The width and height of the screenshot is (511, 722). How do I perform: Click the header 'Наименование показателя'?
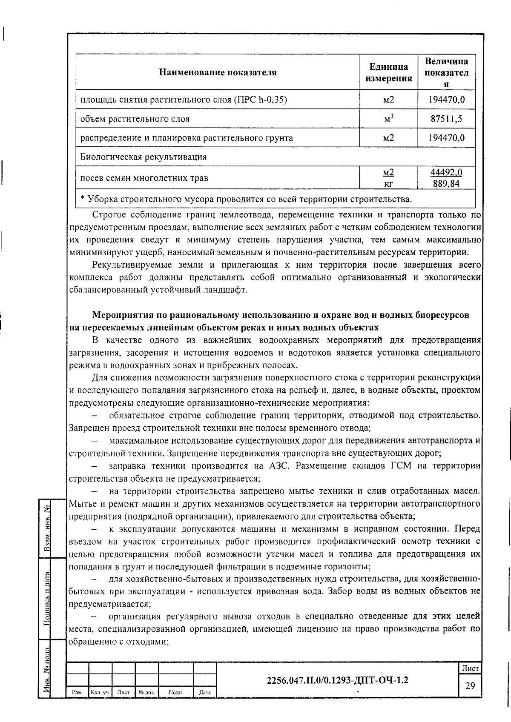click(218, 72)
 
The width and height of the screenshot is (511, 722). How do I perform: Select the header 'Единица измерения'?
click(388, 72)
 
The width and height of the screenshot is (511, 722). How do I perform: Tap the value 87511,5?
click(446, 119)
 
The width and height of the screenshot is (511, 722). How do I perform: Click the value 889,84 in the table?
click(446, 184)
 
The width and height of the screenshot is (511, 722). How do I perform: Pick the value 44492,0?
click(446, 172)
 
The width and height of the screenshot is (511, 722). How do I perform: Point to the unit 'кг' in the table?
click(388, 184)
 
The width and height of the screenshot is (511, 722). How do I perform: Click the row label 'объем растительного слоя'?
click(135, 119)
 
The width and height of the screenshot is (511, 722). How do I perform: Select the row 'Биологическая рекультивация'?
click(144, 157)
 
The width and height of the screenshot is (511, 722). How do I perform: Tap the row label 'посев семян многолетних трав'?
click(144, 178)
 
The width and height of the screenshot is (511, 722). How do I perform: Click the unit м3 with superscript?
click(388, 119)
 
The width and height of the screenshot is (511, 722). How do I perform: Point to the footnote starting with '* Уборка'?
click(246, 199)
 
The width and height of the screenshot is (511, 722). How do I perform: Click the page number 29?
click(470, 685)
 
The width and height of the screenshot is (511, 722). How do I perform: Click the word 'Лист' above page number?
click(470, 668)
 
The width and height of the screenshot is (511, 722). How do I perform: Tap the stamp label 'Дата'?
click(205, 693)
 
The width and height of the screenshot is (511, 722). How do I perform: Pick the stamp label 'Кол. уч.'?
click(100, 693)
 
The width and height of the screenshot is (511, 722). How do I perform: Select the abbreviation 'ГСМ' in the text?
click(401, 466)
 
